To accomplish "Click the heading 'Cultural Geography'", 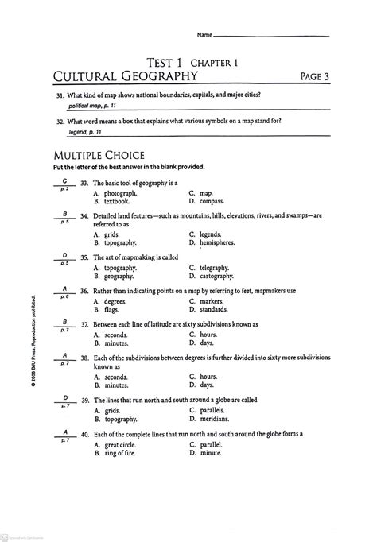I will (x=125, y=76).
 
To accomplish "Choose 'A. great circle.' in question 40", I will (x=116, y=445).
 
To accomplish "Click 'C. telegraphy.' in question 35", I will (x=209, y=268).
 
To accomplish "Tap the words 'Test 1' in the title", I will (x=171, y=61).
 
